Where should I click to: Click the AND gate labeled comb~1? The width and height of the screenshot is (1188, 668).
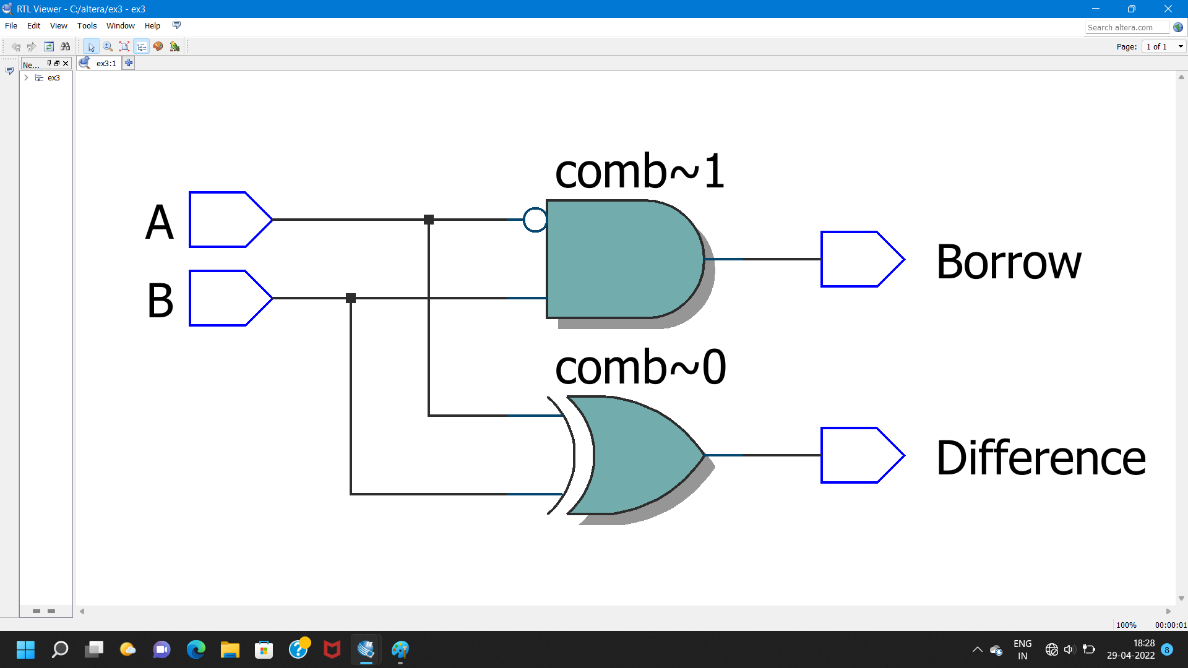click(622, 259)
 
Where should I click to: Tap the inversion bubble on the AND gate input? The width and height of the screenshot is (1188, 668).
click(535, 220)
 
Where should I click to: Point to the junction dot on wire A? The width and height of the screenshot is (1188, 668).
click(429, 220)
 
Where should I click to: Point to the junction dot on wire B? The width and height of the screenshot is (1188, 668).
click(351, 298)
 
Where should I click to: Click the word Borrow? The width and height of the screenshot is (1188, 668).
click(1009, 262)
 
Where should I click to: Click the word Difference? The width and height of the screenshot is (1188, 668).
click(1041, 458)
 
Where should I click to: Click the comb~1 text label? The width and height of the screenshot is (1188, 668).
click(639, 171)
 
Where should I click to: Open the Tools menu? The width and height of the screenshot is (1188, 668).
click(87, 26)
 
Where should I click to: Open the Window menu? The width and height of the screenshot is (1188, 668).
click(120, 26)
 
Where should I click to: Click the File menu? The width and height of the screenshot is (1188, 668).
click(11, 26)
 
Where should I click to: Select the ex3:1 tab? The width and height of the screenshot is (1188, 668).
click(106, 63)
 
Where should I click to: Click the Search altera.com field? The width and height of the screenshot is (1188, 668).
click(1127, 28)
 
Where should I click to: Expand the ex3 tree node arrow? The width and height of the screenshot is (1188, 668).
click(26, 78)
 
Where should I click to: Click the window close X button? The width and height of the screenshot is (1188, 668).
click(1168, 9)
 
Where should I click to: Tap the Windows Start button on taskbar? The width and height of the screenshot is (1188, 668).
click(25, 649)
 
